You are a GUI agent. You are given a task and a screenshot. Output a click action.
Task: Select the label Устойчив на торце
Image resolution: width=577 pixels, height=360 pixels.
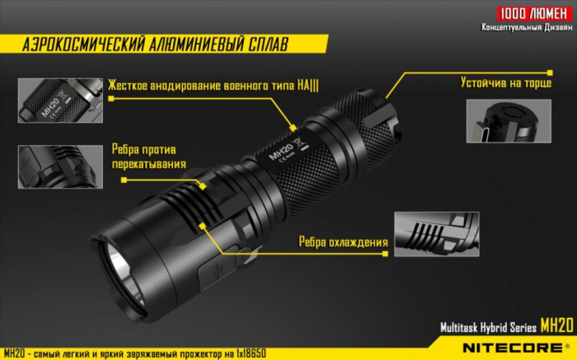pyautogui.click(x=505, y=83)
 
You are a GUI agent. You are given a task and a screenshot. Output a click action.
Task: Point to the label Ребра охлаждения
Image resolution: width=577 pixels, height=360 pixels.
pyautogui.click(x=344, y=242)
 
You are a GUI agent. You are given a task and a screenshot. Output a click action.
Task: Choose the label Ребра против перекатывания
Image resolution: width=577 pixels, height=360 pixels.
pyautogui.click(x=148, y=157)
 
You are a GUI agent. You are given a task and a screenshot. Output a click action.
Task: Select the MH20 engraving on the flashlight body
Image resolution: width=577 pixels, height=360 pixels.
pyautogui.click(x=281, y=151)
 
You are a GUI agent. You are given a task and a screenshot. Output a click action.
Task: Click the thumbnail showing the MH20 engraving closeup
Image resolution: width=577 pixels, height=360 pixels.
pyautogui.click(x=59, y=101)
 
